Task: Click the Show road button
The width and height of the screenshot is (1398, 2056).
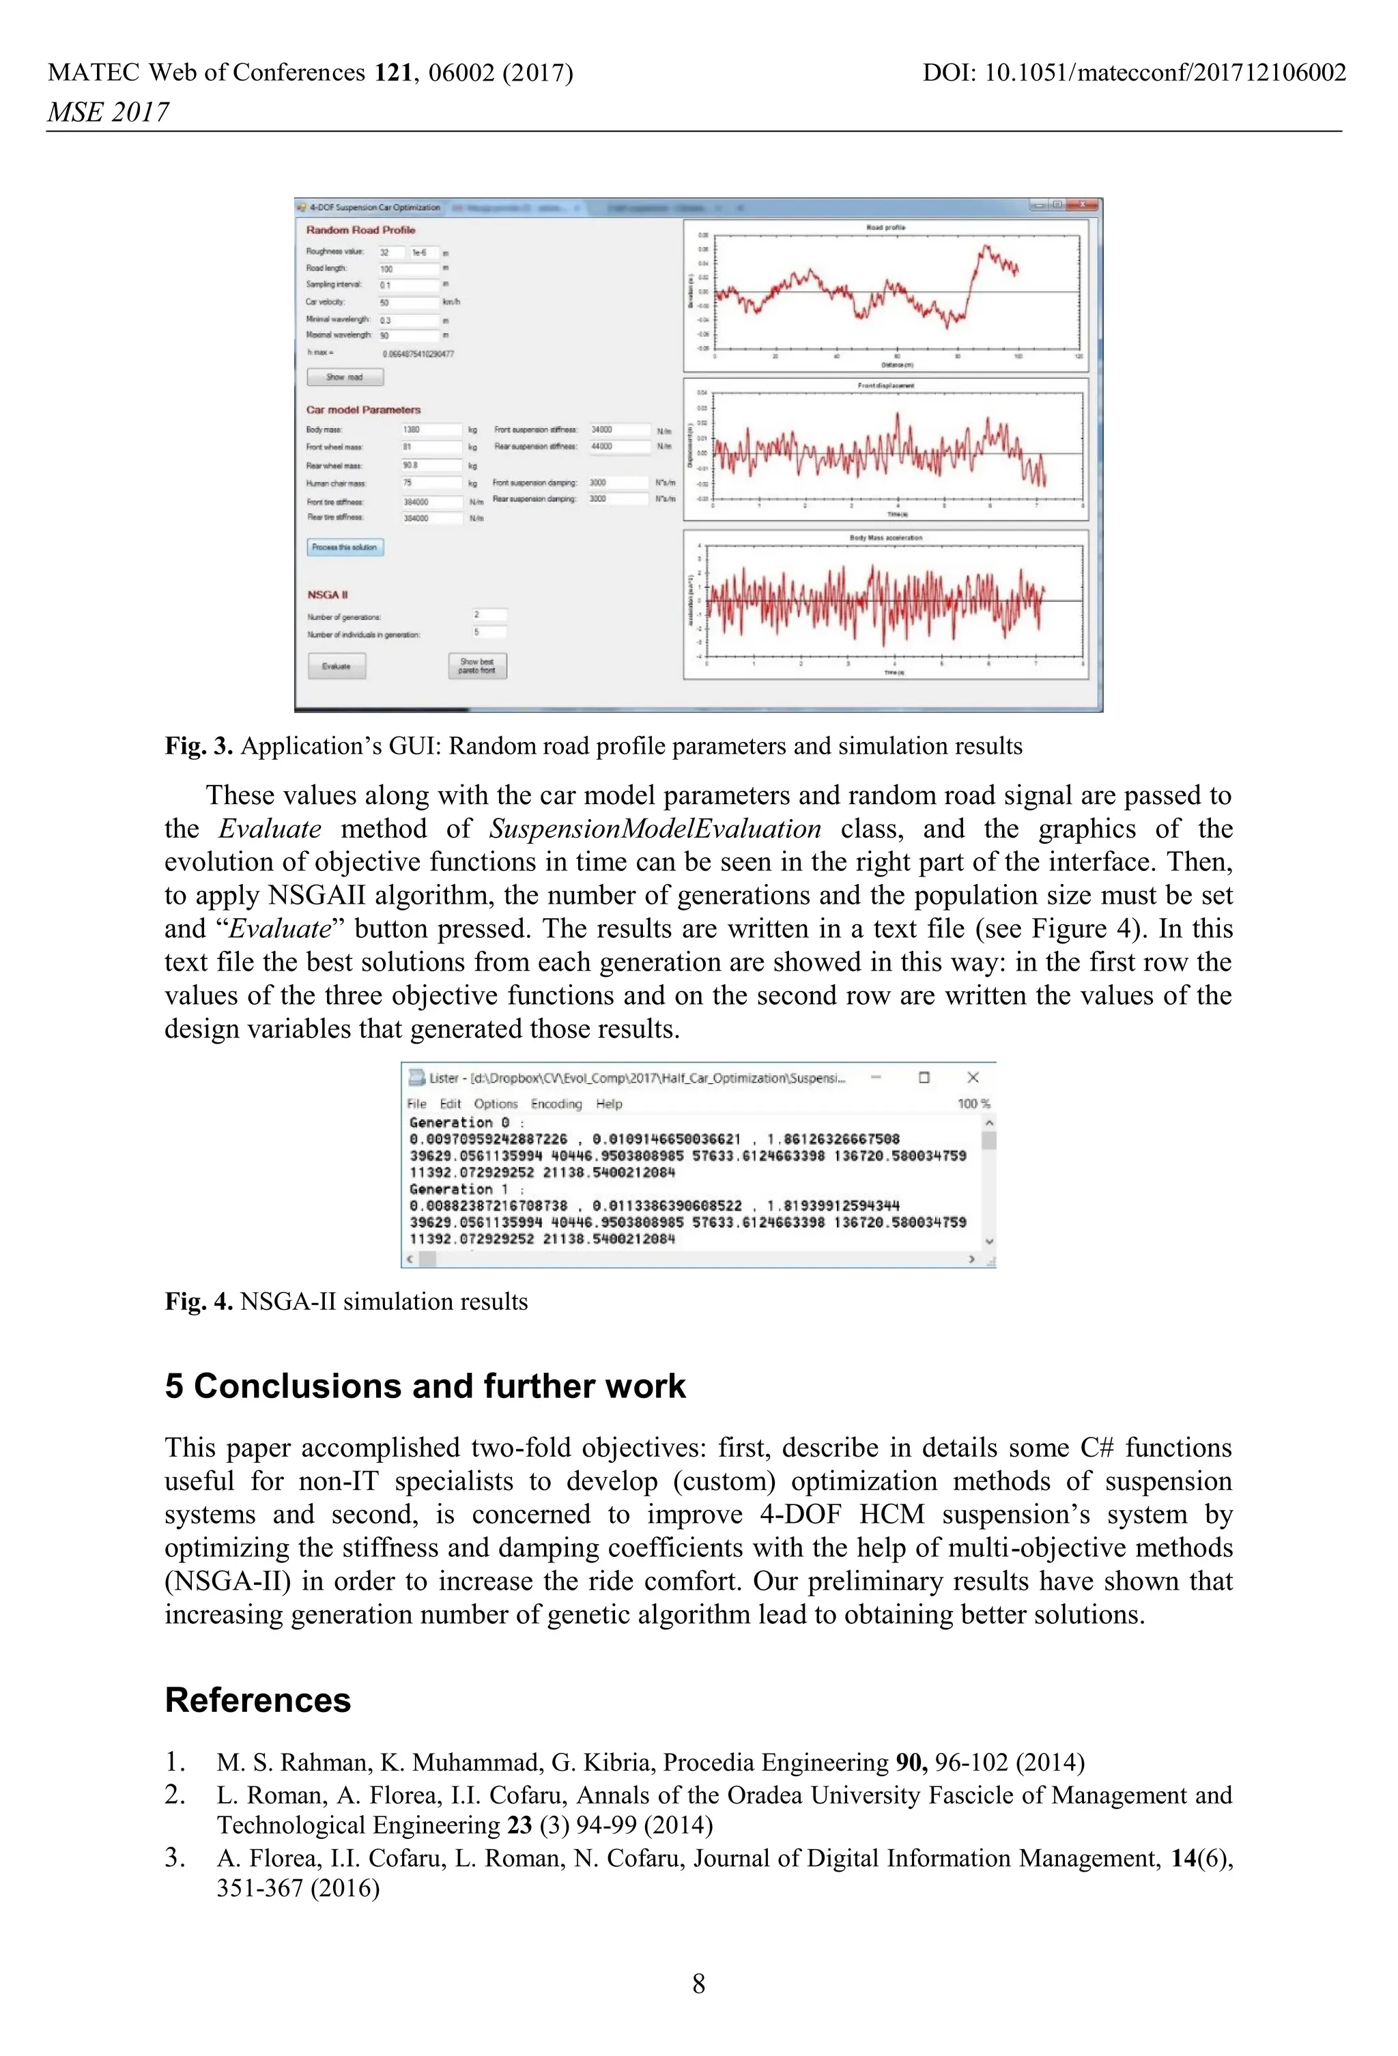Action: (345, 377)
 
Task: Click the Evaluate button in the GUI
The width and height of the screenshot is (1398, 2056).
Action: (337, 666)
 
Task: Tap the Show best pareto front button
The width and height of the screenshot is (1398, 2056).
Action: (477, 666)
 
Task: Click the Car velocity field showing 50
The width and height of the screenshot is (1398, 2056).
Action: (409, 302)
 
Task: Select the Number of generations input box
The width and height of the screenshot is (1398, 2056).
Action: (489, 615)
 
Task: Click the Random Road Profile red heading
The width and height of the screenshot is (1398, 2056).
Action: (360, 230)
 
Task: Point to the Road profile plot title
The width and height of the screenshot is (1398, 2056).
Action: (885, 227)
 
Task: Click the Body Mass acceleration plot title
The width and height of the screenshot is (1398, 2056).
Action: (885, 538)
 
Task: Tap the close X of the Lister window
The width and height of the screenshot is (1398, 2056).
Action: (973, 1076)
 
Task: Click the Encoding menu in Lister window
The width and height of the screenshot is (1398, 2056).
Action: (556, 1103)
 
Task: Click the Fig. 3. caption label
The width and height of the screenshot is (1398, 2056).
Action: (198, 746)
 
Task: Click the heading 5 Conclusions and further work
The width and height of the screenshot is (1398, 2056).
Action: (425, 1386)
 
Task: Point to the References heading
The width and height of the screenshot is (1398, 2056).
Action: (257, 1700)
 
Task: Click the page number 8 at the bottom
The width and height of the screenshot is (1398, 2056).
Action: (698, 1984)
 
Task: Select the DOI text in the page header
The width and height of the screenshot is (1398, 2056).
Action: (1133, 72)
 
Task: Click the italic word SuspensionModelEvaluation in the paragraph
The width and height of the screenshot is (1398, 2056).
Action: (655, 829)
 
